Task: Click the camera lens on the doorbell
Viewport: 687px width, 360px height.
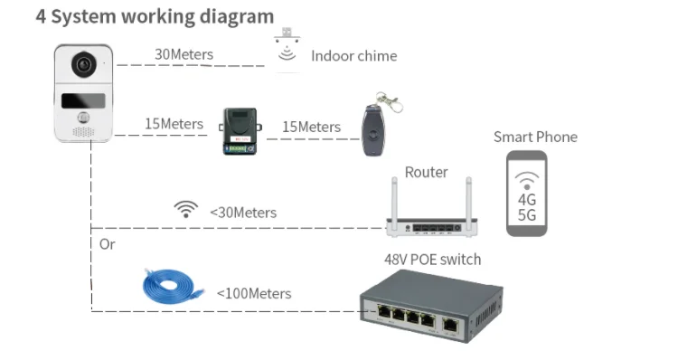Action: (84, 65)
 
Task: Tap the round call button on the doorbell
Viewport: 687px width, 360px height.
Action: (83, 118)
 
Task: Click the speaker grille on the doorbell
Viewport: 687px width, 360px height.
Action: (83, 131)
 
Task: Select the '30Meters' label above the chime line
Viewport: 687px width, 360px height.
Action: (184, 54)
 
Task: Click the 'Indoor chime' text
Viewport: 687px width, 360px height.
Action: (354, 56)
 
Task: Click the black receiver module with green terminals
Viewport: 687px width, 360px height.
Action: (240, 131)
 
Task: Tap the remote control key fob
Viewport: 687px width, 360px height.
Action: (373, 129)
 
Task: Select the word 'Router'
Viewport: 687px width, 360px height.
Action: (427, 173)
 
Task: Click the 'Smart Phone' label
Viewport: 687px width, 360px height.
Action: (535, 137)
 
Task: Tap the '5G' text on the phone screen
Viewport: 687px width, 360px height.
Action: (527, 215)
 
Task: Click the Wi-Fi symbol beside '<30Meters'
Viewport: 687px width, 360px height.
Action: (186, 209)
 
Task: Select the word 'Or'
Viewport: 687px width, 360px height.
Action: (108, 244)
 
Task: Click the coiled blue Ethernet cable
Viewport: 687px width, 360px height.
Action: (173, 286)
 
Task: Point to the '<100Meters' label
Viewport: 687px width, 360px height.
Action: (254, 293)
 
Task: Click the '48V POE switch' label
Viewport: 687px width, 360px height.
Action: (432, 260)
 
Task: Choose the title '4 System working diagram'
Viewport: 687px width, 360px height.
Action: (155, 16)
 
